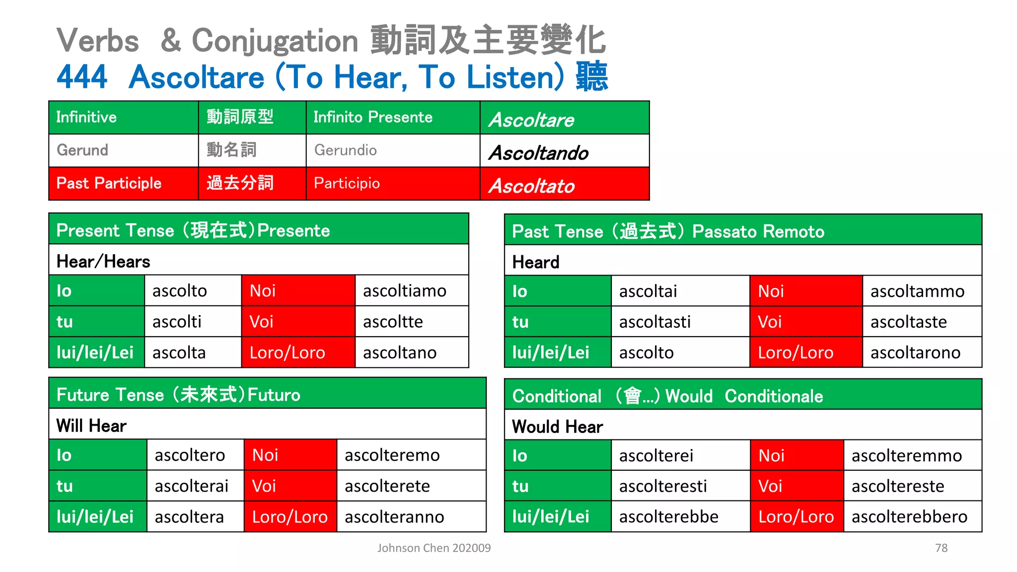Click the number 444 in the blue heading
[82, 77]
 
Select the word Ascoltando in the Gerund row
[539, 153]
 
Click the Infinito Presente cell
[373, 117]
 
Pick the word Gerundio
[346, 150]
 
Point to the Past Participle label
[109, 183]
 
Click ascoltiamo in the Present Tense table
[405, 291]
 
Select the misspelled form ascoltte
[393, 322]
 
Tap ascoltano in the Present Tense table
[400, 353]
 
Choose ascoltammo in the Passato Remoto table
[917, 291]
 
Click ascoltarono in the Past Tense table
[915, 353]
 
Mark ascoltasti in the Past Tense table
[655, 322]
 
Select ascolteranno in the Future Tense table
[394, 517]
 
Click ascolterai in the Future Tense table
[192, 486]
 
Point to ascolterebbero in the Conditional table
[909, 517]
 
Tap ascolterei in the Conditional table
[656, 456]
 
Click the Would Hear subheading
[557, 427]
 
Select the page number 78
[941, 548]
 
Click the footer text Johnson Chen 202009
[434, 548]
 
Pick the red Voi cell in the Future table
[290, 486]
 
